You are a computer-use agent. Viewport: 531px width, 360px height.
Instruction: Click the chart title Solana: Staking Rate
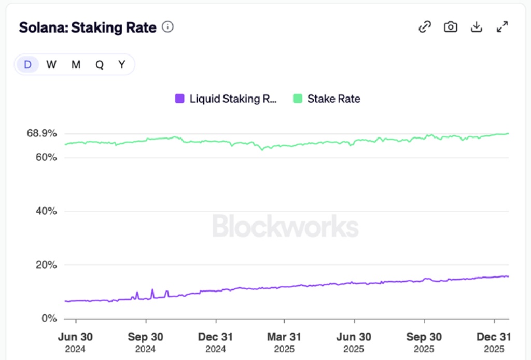click(88, 27)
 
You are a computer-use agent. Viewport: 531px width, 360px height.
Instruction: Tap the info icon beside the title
click(167, 27)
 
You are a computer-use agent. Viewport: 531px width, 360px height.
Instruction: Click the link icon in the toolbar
click(425, 27)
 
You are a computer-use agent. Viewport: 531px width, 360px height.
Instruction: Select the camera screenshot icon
click(451, 27)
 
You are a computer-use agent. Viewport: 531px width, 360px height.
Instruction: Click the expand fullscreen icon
click(502, 27)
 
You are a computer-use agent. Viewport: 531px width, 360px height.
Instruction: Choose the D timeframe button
click(28, 65)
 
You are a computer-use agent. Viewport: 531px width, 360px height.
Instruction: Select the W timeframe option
click(51, 65)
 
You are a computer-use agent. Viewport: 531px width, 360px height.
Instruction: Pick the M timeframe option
click(76, 65)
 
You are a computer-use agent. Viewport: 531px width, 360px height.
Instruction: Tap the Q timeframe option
click(99, 65)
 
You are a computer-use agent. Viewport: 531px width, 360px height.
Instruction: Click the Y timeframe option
click(122, 65)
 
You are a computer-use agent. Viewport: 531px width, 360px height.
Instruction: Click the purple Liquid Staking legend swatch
click(180, 99)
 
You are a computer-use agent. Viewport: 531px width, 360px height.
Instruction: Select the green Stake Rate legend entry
click(327, 99)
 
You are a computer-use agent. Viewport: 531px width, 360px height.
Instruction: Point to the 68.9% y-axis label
click(41, 133)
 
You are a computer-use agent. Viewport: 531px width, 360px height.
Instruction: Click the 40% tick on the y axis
click(46, 211)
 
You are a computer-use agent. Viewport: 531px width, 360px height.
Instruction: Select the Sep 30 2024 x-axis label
click(145, 342)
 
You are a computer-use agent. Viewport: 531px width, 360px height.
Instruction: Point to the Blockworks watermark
click(285, 227)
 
